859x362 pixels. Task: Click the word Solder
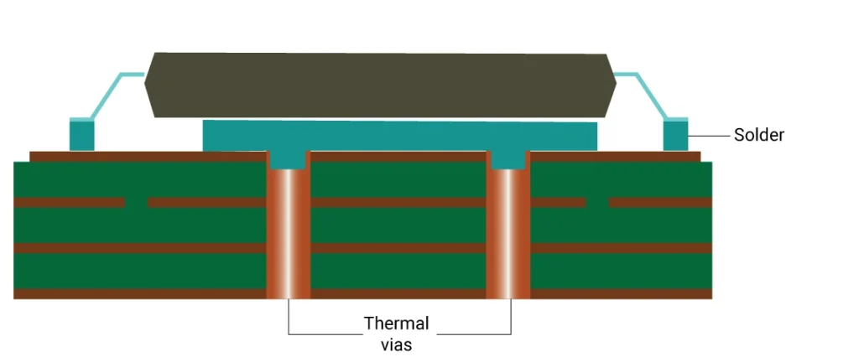coord(758,135)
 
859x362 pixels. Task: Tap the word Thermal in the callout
coord(396,323)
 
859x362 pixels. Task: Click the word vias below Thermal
coord(396,343)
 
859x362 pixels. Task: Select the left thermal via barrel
coord(288,235)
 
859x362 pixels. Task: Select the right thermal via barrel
coord(508,235)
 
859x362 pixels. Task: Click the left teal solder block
coord(81,136)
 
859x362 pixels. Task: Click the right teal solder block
coord(675,136)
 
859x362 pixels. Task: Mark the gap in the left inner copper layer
coord(136,203)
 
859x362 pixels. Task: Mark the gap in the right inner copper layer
coord(597,203)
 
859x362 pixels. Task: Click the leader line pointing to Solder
coord(708,135)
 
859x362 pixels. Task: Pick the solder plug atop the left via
coord(288,159)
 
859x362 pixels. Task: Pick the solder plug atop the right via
coord(508,159)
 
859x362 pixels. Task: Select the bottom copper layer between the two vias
coord(398,294)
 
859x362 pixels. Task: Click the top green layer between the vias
coord(398,179)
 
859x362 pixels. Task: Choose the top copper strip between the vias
coord(398,157)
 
